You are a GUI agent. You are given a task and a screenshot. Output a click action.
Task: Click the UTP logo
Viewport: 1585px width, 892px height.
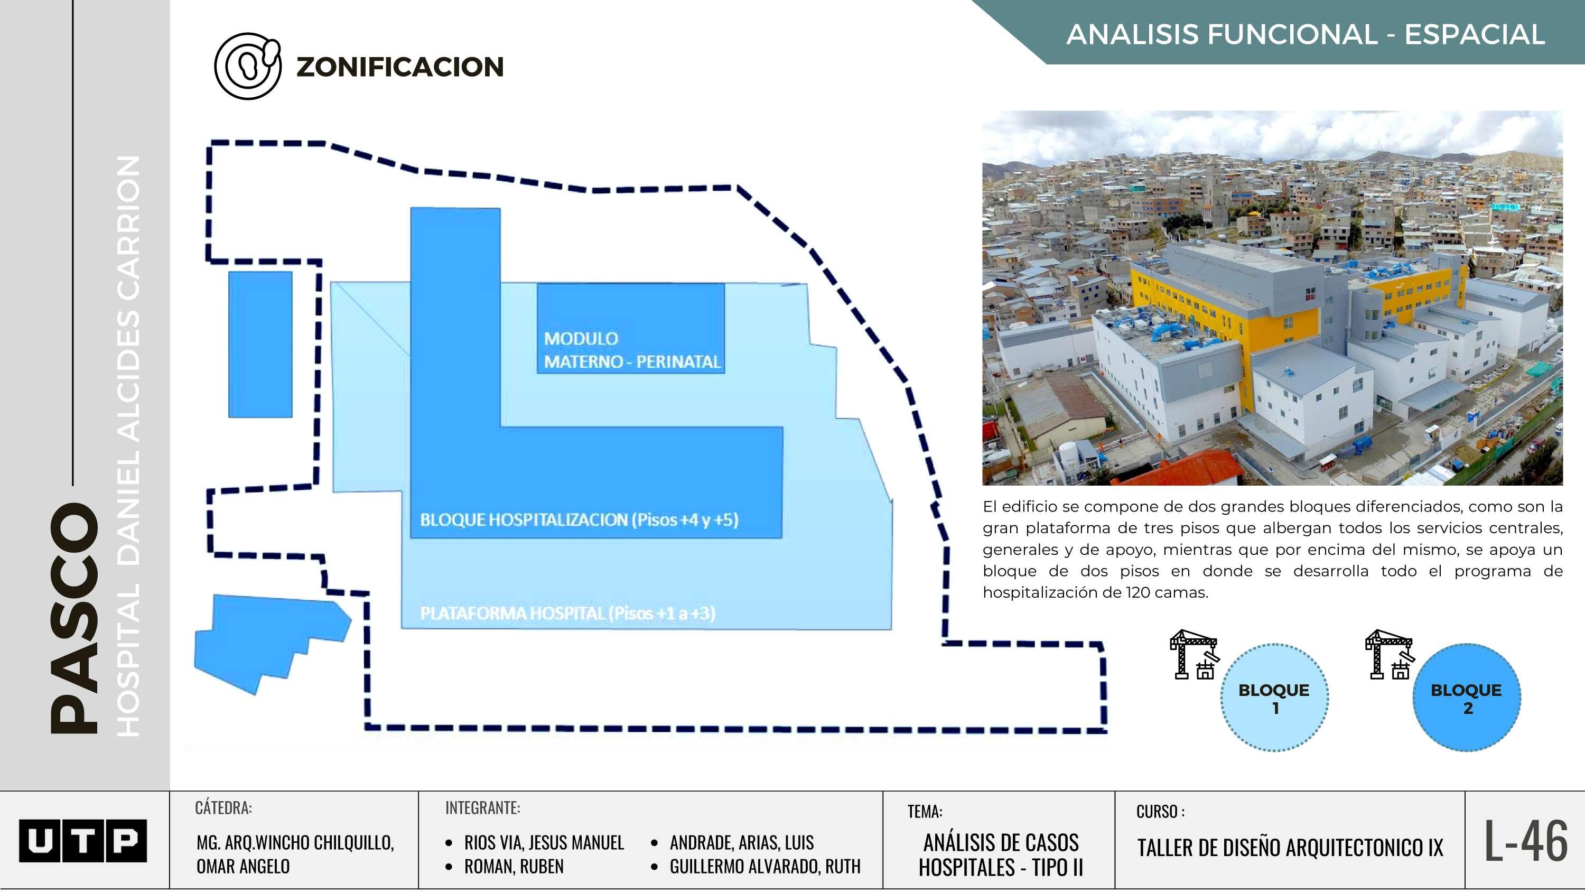pyautogui.click(x=83, y=840)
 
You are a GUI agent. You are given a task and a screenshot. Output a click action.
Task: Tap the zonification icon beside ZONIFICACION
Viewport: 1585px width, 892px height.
pyautogui.click(x=247, y=66)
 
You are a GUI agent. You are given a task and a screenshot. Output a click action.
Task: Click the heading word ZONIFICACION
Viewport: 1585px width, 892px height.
pyautogui.click(x=400, y=67)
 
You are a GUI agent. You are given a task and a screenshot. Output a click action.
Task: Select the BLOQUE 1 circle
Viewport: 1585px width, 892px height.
pyautogui.click(x=1274, y=698)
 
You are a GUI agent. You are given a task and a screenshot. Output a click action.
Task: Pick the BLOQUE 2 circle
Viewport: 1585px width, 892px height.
pyautogui.click(x=1466, y=698)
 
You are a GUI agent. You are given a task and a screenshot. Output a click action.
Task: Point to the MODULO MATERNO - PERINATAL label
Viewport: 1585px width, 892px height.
pyautogui.click(x=632, y=350)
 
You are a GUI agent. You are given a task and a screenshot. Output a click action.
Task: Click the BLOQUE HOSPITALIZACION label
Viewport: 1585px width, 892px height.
pyautogui.click(x=579, y=519)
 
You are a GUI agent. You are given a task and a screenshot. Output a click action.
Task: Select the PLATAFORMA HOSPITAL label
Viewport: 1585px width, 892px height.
pyautogui.click(x=567, y=613)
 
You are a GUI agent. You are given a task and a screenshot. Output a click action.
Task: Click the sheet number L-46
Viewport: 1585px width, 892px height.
pyautogui.click(x=1526, y=841)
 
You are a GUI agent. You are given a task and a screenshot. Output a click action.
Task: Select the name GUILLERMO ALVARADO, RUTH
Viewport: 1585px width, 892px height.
pyautogui.click(x=765, y=866)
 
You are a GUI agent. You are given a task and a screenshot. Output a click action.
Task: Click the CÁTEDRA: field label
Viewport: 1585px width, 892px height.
pyautogui.click(x=223, y=807)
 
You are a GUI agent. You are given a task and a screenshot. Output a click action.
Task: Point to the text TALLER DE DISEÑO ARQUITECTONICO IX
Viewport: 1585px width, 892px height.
pyautogui.click(x=1290, y=848)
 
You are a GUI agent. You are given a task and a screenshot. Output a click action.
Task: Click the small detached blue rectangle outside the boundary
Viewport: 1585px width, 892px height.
pyautogui.click(x=260, y=344)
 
